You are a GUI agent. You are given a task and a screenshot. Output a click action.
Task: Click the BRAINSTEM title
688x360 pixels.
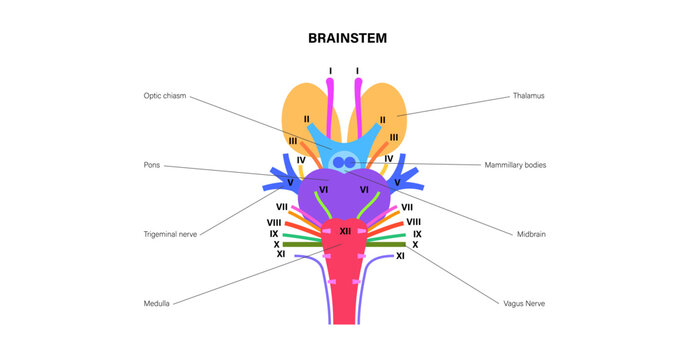[344, 39]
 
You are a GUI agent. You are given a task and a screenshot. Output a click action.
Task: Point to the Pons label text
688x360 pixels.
[152, 165]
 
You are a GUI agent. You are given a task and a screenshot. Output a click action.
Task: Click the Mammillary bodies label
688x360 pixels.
[515, 165]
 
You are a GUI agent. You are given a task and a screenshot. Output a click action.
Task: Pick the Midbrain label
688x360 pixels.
[529, 234]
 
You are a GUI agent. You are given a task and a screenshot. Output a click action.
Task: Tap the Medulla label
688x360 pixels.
[157, 302]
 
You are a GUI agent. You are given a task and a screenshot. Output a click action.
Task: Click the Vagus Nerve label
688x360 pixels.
[526, 302]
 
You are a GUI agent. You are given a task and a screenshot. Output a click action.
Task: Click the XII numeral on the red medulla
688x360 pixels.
[344, 231]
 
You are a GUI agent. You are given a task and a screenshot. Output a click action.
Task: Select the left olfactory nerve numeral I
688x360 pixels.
[330, 71]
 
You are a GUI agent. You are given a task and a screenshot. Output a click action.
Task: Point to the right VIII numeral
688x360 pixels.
[413, 221]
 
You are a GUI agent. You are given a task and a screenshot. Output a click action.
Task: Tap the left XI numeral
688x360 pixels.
[280, 255]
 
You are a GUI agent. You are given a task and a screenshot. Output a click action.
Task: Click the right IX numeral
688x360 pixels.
[416, 233]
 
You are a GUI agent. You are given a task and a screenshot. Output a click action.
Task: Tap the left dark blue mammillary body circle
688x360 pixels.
[338, 161]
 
